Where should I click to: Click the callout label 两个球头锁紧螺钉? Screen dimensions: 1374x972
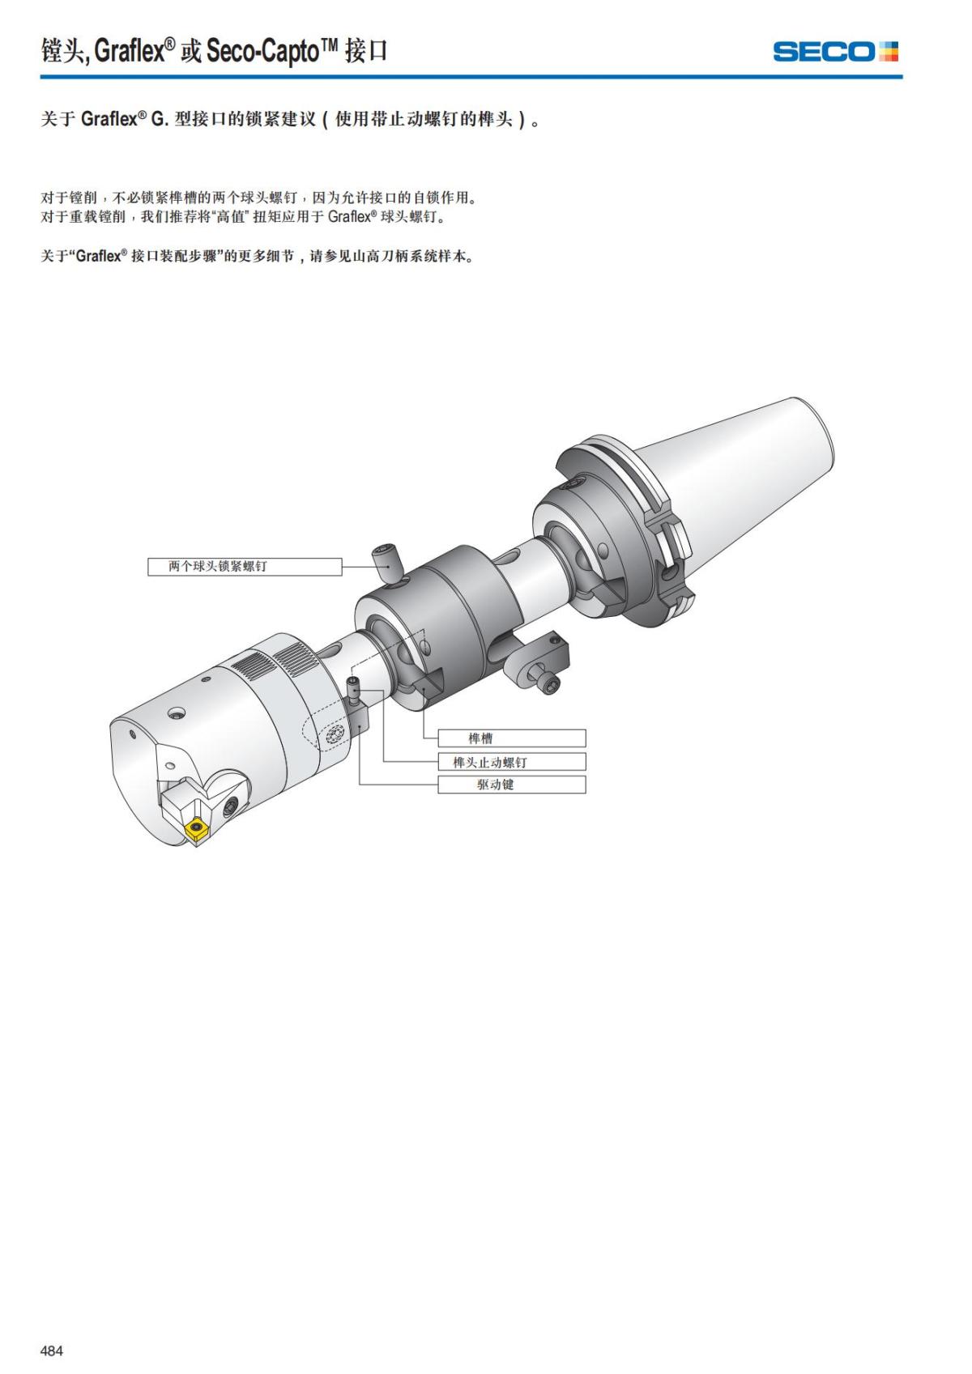coord(244,567)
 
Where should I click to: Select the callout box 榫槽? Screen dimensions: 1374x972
coord(511,738)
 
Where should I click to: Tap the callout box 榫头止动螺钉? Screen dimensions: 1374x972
coord(511,762)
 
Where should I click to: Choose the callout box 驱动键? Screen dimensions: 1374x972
coord(511,785)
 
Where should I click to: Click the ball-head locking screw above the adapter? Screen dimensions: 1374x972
coord(386,559)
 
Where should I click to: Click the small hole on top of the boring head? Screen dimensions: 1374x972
coord(175,713)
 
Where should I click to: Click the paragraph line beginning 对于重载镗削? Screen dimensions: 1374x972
coord(243,217)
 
